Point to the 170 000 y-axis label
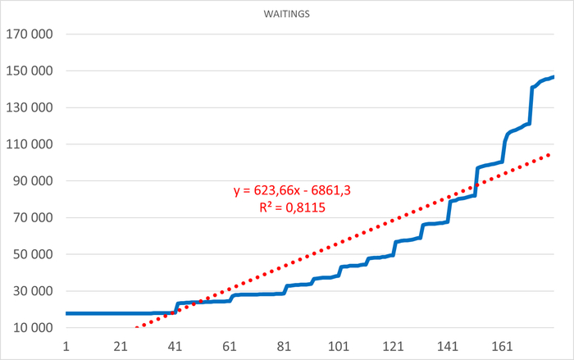tap(30, 34)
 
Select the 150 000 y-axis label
tap(30, 71)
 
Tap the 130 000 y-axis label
tap(30, 108)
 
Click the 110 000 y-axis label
tap(30, 145)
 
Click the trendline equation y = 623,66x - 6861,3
tap(293, 191)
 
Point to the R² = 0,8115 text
tap(293, 208)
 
